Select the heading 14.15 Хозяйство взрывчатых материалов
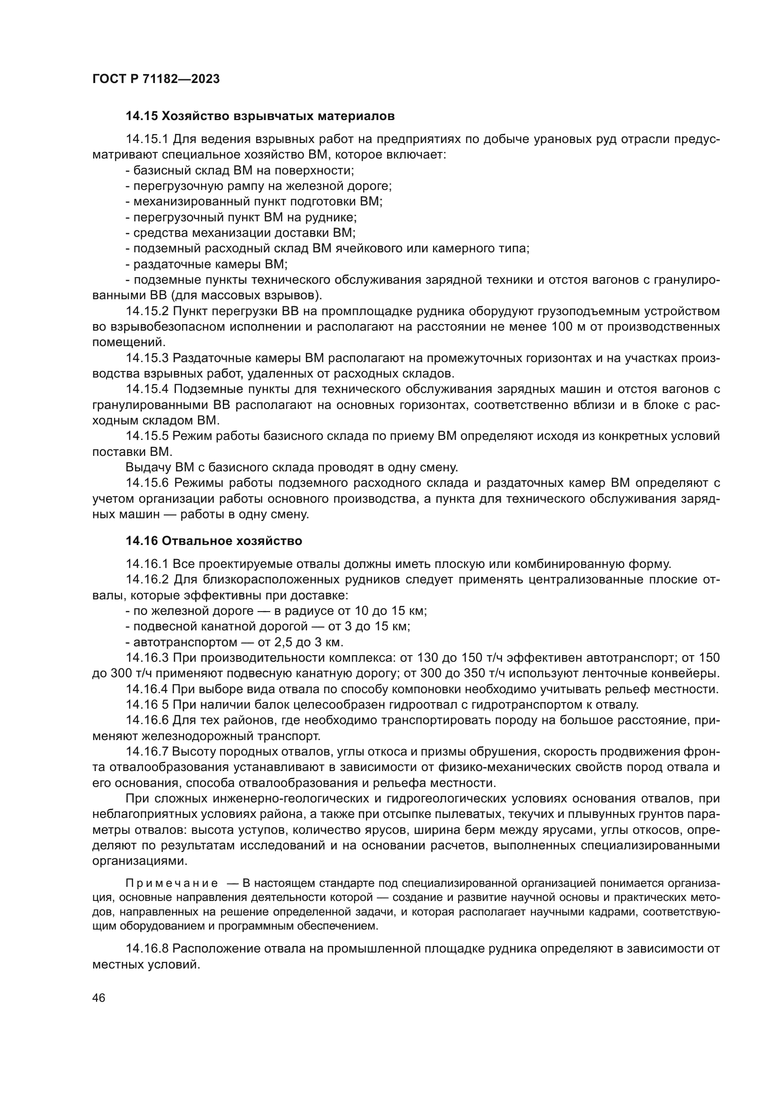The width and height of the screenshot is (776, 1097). click(260, 116)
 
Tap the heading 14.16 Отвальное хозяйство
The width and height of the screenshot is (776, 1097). click(213, 541)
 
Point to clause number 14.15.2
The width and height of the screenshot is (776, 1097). click(147, 311)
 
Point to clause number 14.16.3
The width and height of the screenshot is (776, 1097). click(147, 658)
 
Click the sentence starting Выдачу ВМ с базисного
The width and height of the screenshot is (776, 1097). click(291, 467)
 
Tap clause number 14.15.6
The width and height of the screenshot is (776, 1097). click(147, 483)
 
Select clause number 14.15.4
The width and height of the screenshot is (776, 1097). click(147, 389)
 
